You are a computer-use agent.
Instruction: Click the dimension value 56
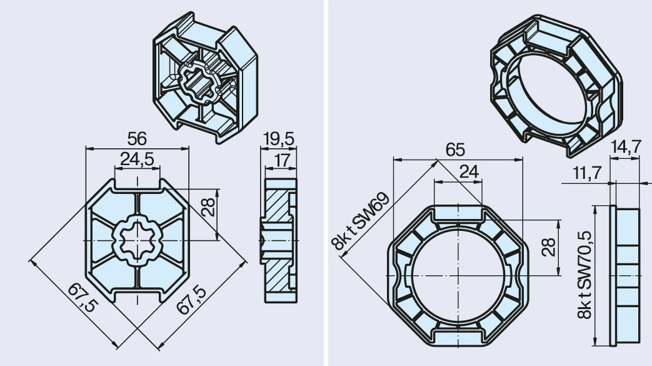point(137,139)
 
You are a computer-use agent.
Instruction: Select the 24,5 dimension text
point(137,159)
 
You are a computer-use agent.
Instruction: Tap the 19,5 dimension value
point(279,139)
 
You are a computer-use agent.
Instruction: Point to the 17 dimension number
point(282,160)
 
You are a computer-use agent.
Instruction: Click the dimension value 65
point(455,150)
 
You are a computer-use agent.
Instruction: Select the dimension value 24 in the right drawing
point(469,171)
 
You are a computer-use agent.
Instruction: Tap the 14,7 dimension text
point(626,146)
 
